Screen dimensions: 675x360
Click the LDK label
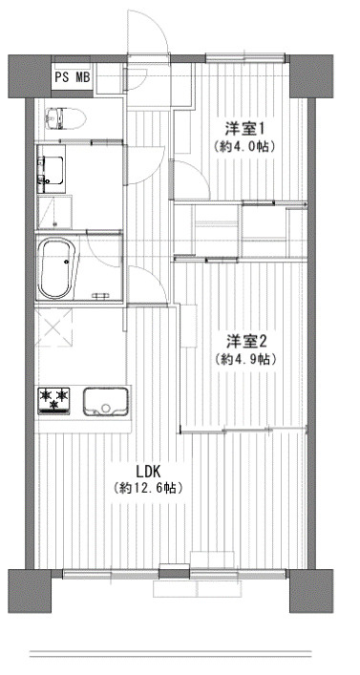click(148, 470)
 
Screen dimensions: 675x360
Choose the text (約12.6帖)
click(148, 489)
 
